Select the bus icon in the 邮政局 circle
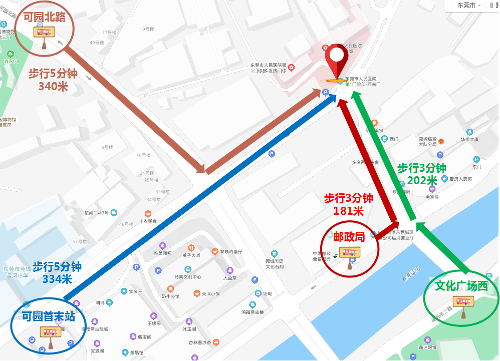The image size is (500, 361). tap(349, 253)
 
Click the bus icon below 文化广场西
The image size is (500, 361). tap(463, 302)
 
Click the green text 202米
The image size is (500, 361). tap(423, 180)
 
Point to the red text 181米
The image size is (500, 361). tap(348, 211)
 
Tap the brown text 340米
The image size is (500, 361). tap(53, 86)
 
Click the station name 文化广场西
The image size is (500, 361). tap(460, 286)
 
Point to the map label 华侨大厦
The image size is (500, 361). tap(470, 139)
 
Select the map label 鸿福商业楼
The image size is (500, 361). tap(253, 311)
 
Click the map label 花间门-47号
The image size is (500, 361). tap(96, 213)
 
